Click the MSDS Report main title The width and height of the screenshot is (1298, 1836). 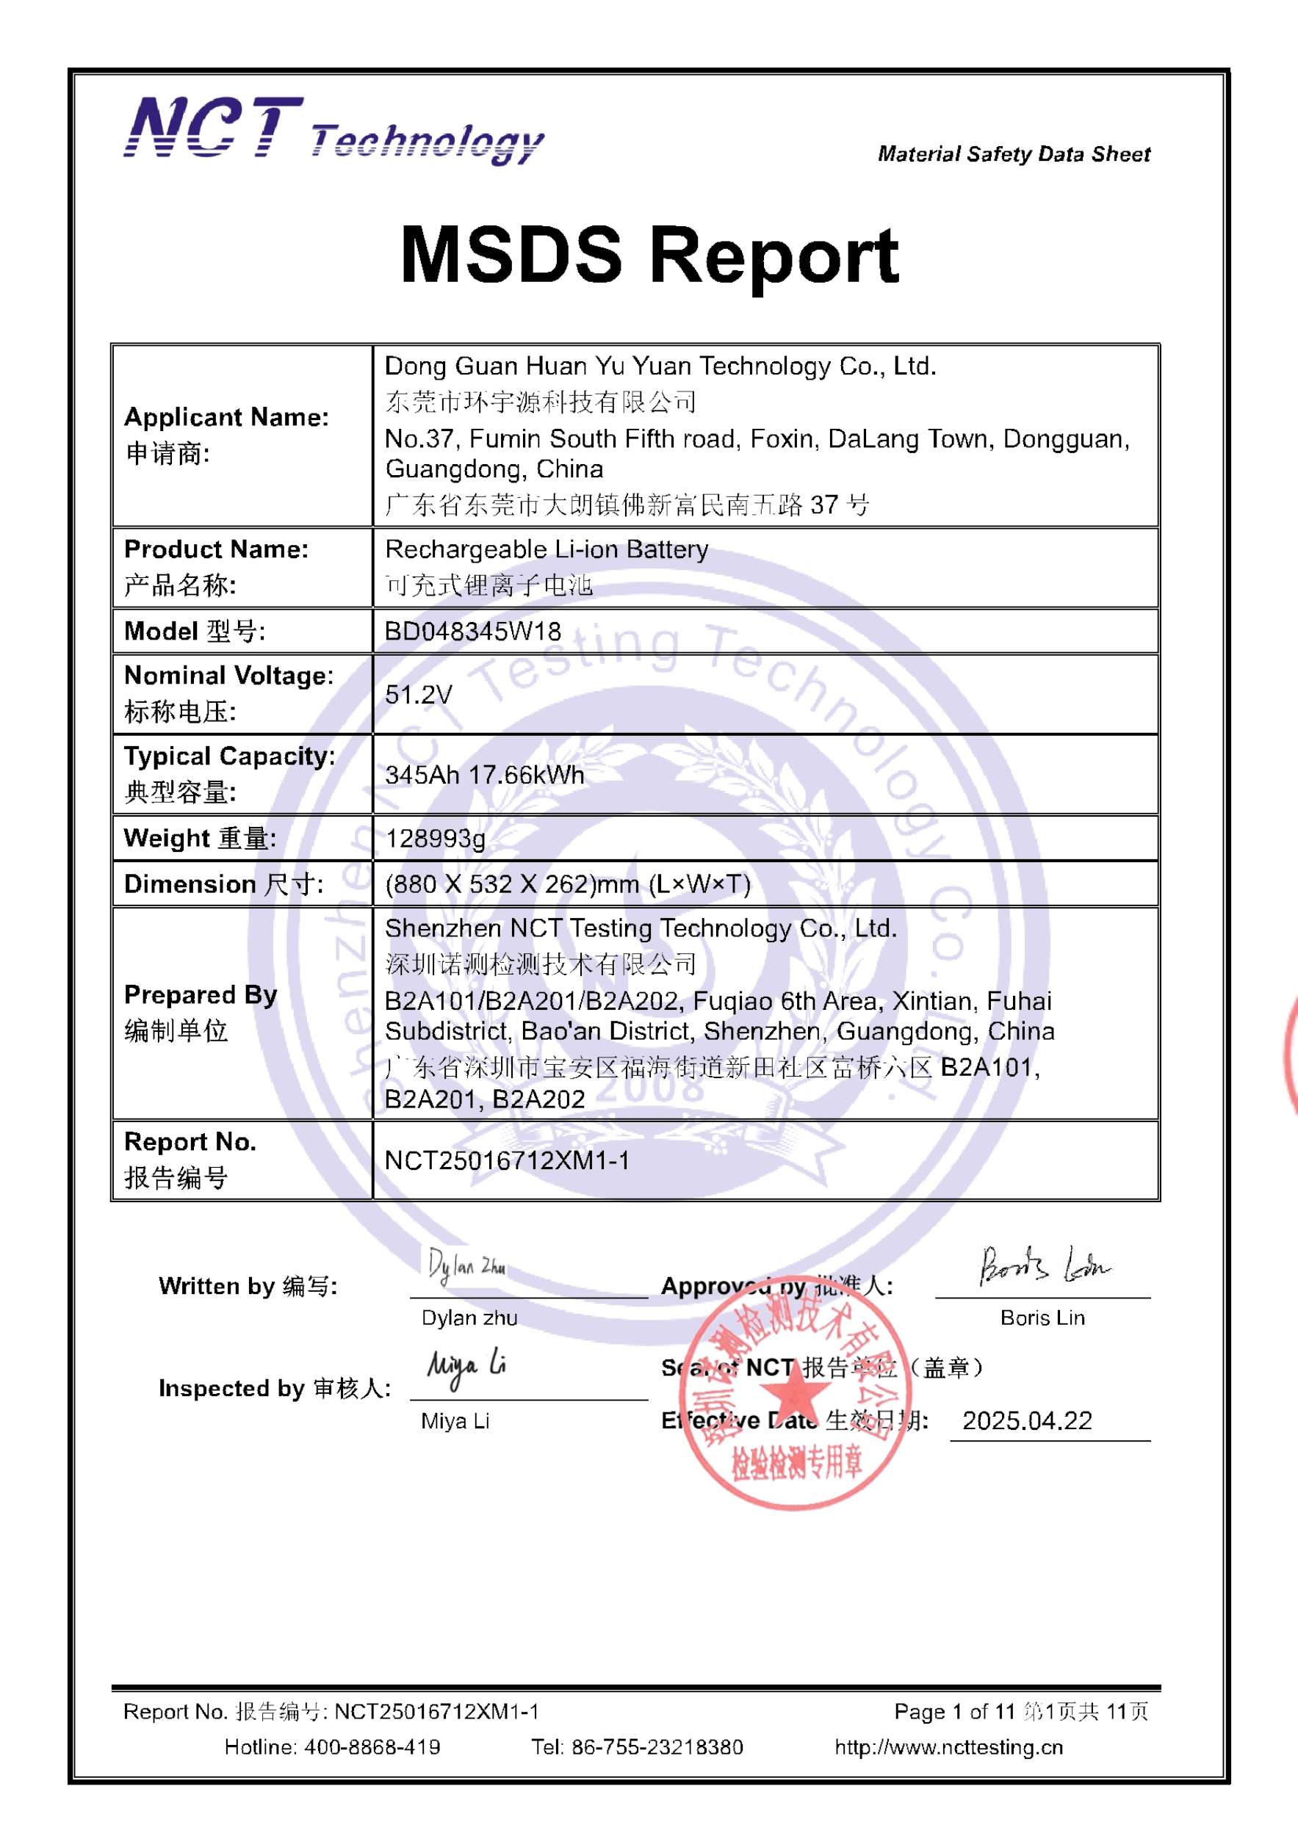point(649,255)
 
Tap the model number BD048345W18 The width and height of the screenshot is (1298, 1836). point(472,632)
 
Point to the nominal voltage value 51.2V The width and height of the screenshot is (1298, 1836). point(418,694)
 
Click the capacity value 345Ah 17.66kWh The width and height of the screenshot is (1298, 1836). point(485,775)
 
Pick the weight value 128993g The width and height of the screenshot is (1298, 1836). point(435,839)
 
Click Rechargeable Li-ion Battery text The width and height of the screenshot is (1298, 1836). point(547,549)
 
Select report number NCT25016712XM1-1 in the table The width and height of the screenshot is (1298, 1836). point(507,1160)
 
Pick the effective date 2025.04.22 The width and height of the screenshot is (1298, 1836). point(1027,1421)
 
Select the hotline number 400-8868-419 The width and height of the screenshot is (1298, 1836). point(372,1747)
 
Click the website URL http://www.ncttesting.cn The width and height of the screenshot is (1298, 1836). point(948,1747)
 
